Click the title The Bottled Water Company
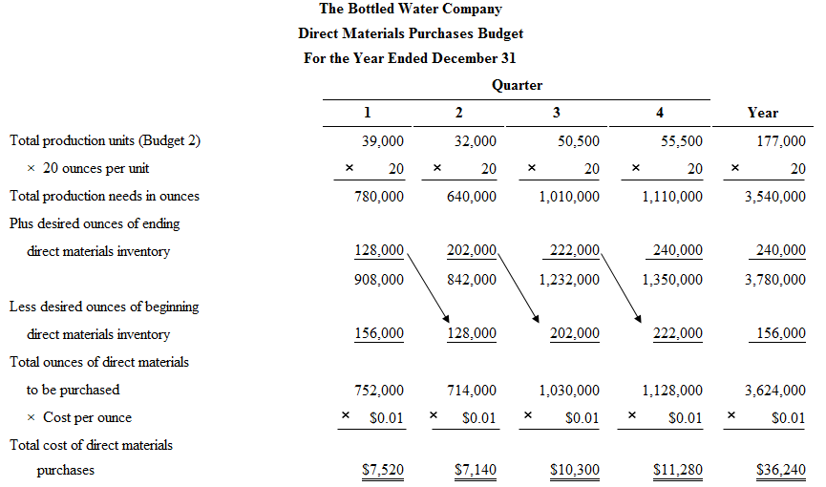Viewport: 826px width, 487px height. tap(410, 9)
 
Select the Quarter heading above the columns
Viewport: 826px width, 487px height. tap(517, 85)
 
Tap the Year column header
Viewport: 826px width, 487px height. tap(762, 113)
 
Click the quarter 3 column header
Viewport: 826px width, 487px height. tap(557, 113)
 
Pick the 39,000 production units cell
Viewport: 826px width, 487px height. tap(383, 140)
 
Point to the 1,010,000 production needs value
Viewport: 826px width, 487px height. tap(569, 196)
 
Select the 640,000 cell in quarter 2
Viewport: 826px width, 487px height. tap(472, 196)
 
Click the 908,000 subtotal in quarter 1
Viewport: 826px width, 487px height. tap(379, 280)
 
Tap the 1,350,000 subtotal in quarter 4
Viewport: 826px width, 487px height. tap(672, 280)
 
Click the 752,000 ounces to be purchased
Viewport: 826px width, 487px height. tap(379, 390)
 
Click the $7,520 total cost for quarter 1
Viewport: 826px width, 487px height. tap(383, 470)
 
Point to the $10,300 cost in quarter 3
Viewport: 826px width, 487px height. tap(576, 470)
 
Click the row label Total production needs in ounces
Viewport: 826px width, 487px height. tap(104, 196)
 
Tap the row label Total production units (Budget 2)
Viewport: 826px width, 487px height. tap(105, 140)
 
